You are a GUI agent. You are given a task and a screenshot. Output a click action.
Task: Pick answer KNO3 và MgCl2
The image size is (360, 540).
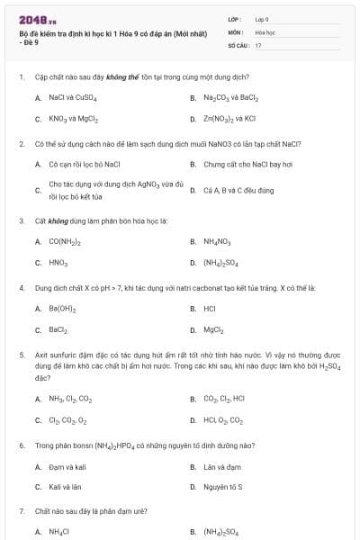[74, 118]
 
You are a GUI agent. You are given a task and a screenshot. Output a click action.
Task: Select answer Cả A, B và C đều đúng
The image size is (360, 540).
[238, 190]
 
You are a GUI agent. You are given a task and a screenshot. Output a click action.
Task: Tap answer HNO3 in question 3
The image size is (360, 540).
[58, 263]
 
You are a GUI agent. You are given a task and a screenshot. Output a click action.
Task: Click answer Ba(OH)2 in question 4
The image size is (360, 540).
[62, 309]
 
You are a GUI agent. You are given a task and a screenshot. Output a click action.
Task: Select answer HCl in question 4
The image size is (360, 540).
[210, 309]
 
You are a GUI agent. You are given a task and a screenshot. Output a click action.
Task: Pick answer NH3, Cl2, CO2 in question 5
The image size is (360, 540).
[70, 398]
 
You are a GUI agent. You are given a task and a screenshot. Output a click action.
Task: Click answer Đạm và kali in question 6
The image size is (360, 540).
[67, 466]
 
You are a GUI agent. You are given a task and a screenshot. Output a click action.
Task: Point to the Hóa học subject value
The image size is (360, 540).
[265, 31]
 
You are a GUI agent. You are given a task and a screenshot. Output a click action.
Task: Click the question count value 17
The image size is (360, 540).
[258, 44]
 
